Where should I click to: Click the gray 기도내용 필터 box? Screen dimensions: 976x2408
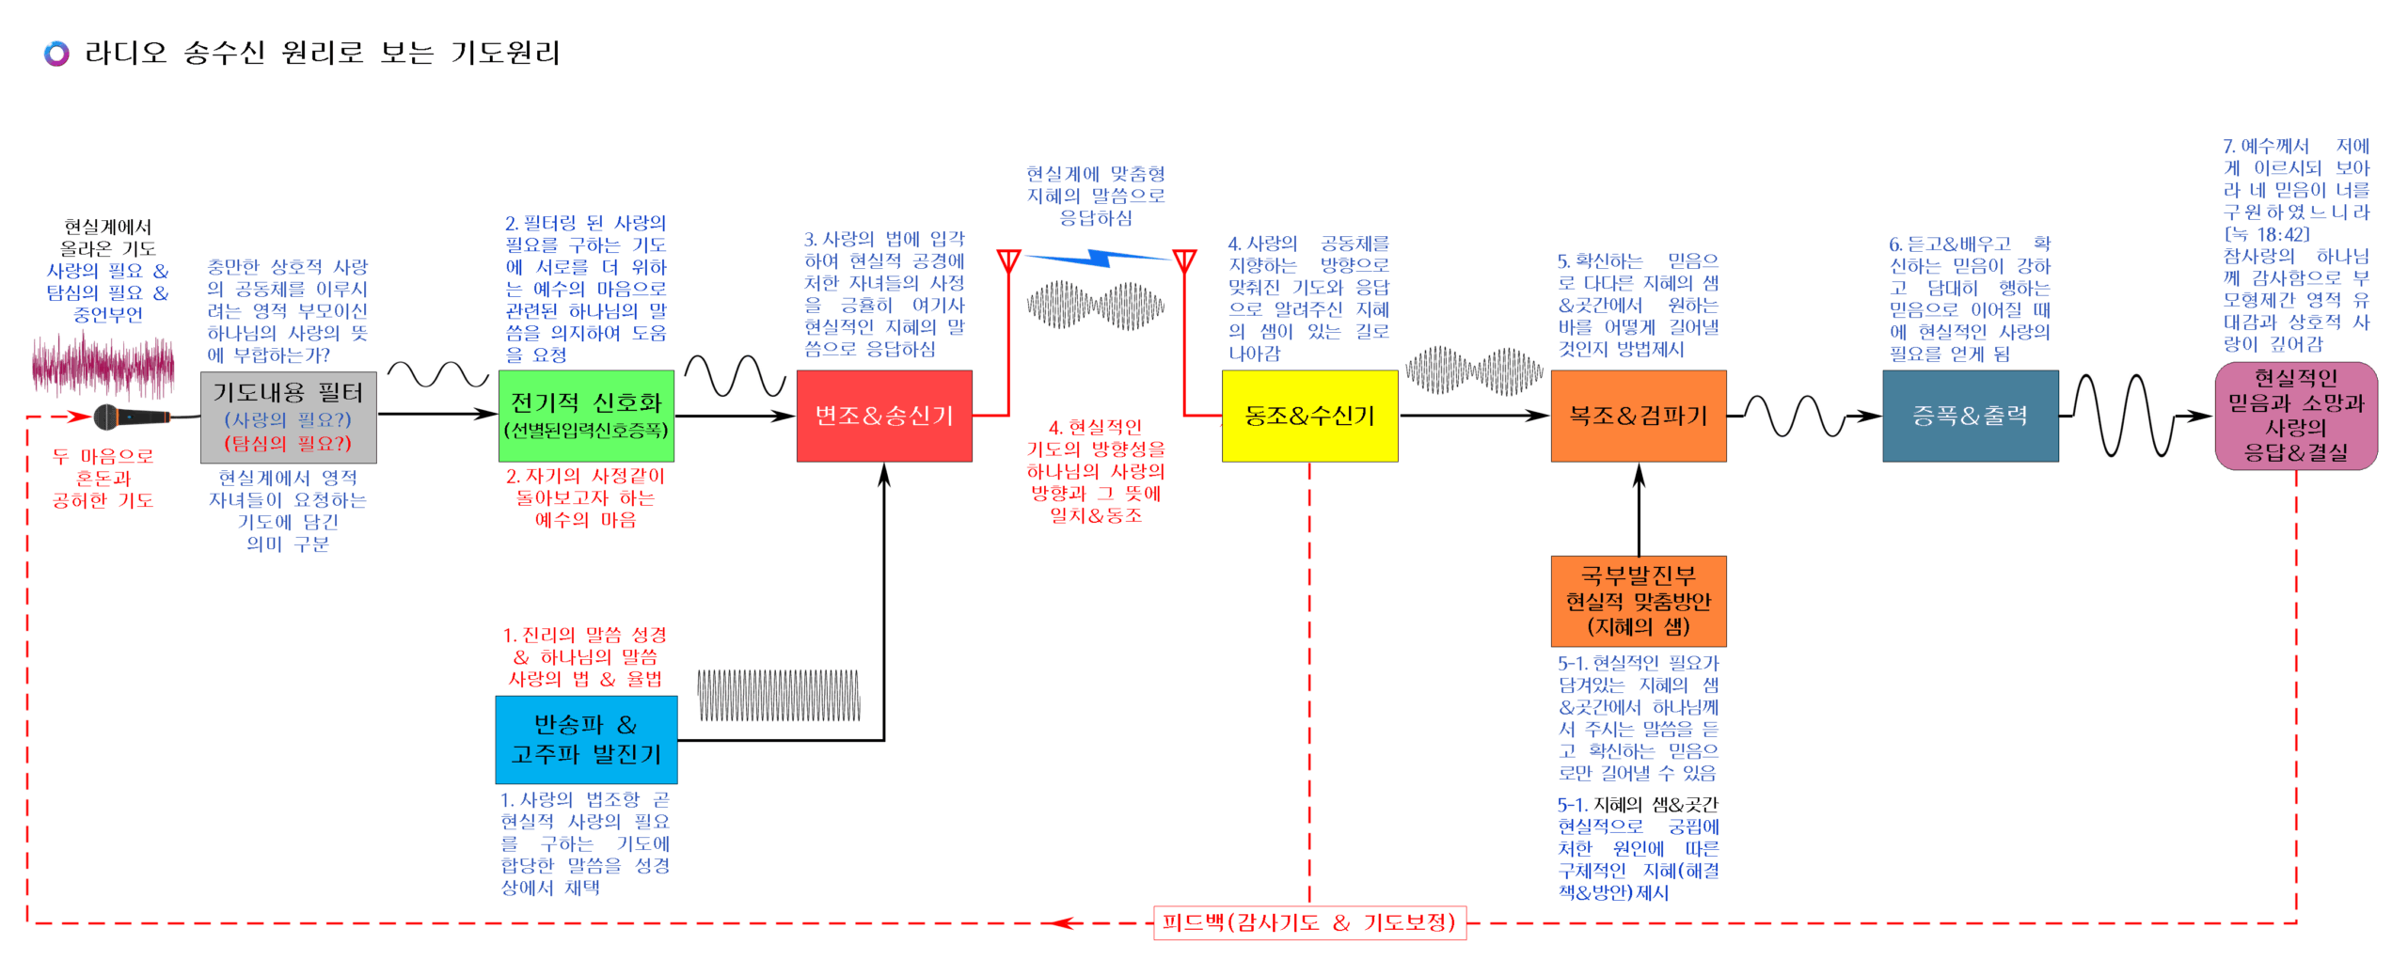point(288,417)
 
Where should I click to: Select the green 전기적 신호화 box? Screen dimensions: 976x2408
point(585,415)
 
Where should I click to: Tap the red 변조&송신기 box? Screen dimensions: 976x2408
point(883,415)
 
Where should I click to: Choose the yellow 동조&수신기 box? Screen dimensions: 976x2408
point(1308,415)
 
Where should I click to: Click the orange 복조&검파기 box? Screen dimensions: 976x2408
point(1638,415)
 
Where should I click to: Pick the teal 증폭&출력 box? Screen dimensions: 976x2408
point(1970,415)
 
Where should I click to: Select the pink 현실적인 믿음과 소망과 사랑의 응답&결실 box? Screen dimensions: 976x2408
point(2295,415)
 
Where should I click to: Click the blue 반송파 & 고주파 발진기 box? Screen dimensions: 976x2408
point(585,739)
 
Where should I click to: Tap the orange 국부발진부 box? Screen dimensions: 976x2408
point(1638,600)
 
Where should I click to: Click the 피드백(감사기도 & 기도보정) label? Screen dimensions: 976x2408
point(1308,921)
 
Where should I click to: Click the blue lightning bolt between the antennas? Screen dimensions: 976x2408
point(1097,256)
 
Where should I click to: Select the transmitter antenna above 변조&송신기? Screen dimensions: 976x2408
point(1008,261)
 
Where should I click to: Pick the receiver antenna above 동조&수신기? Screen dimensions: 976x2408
point(1184,261)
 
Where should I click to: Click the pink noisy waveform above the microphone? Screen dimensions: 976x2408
point(103,365)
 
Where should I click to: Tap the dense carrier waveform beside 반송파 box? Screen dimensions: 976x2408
point(778,695)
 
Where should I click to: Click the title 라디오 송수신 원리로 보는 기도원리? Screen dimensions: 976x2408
point(322,53)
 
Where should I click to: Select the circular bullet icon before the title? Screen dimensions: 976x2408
point(56,54)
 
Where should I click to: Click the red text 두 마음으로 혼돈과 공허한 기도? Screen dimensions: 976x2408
point(103,478)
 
